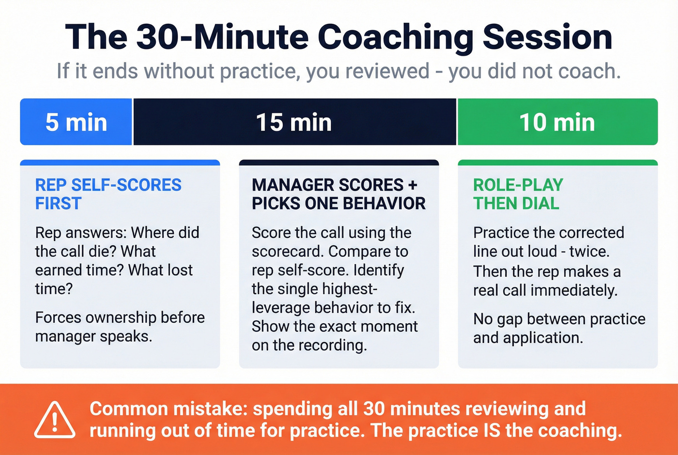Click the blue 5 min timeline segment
(x=76, y=122)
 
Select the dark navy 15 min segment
(x=294, y=122)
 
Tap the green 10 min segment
(x=557, y=122)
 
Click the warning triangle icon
(x=55, y=420)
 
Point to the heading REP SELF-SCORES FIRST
(x=108, y=194)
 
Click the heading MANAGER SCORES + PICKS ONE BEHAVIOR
(x=338, y=194)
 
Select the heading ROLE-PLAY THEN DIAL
(x=518, y=194)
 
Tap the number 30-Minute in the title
(x=223, y=37)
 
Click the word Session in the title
(x=547, y=37)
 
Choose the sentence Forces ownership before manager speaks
(x=120, y=327)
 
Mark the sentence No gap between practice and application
(x=559, y=328)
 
